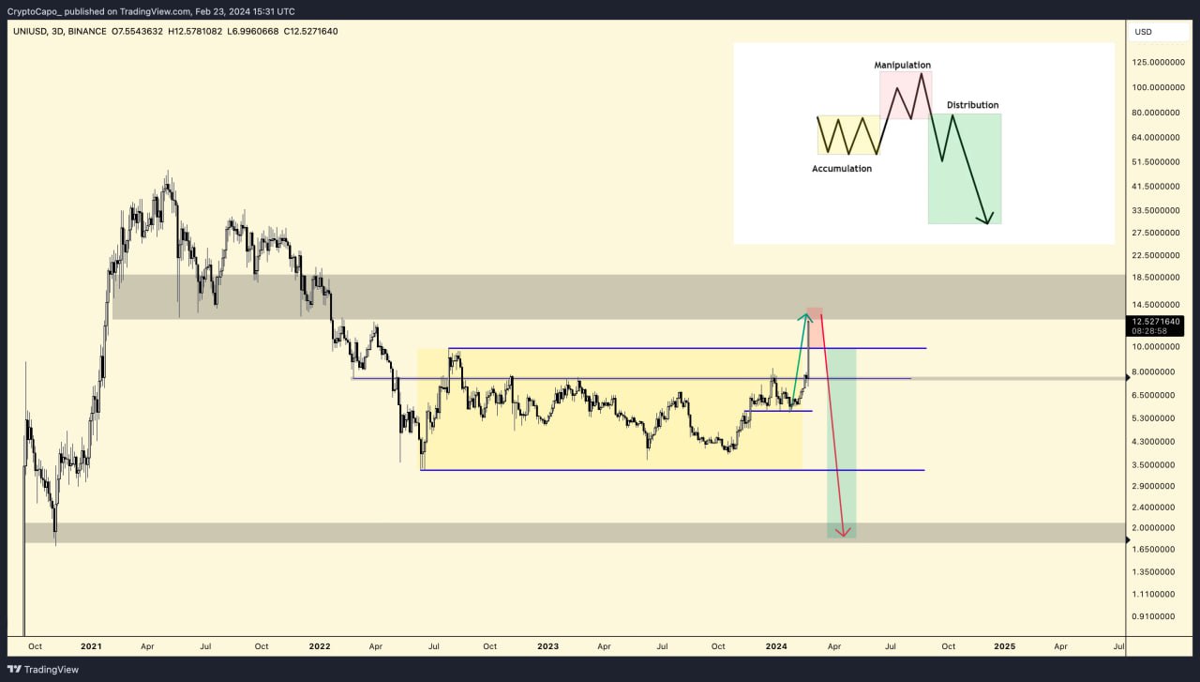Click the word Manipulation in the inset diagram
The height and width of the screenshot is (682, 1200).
(x=902, y=65)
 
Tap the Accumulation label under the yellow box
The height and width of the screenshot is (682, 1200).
(x=841, y=169)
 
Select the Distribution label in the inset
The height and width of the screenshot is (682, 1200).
(x=972, y=105)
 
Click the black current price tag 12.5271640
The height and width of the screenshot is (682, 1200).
(x=1155, y=321)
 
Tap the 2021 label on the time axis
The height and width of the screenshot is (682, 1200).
(x=91, y=646)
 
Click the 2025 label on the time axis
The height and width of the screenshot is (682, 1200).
(x=1004, y=646)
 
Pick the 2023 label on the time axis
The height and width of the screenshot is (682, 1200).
(x=547, y=646)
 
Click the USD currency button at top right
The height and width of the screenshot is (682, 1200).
(x=1144, y=32)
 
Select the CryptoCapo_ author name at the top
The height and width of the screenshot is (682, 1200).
(x=34, y=11)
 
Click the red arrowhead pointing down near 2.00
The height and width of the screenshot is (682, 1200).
(x=845, y=533)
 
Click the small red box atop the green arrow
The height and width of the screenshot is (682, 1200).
(x=815, y=311)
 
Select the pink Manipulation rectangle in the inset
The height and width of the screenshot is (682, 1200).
(x=906, y=95)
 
